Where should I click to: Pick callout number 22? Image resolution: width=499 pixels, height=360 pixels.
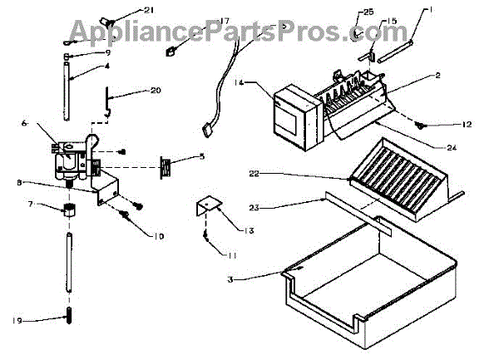coord(254,173)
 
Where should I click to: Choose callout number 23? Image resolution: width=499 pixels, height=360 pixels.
coord(254,205)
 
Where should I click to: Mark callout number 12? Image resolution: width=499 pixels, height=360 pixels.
coord(467,124)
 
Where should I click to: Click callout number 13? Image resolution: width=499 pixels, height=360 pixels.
coord(226,229)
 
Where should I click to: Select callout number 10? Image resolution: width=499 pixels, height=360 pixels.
coord(158,236)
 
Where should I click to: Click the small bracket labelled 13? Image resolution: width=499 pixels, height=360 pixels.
coord(205,205)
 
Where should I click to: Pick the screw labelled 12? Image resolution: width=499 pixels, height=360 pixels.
coord(424,125)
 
